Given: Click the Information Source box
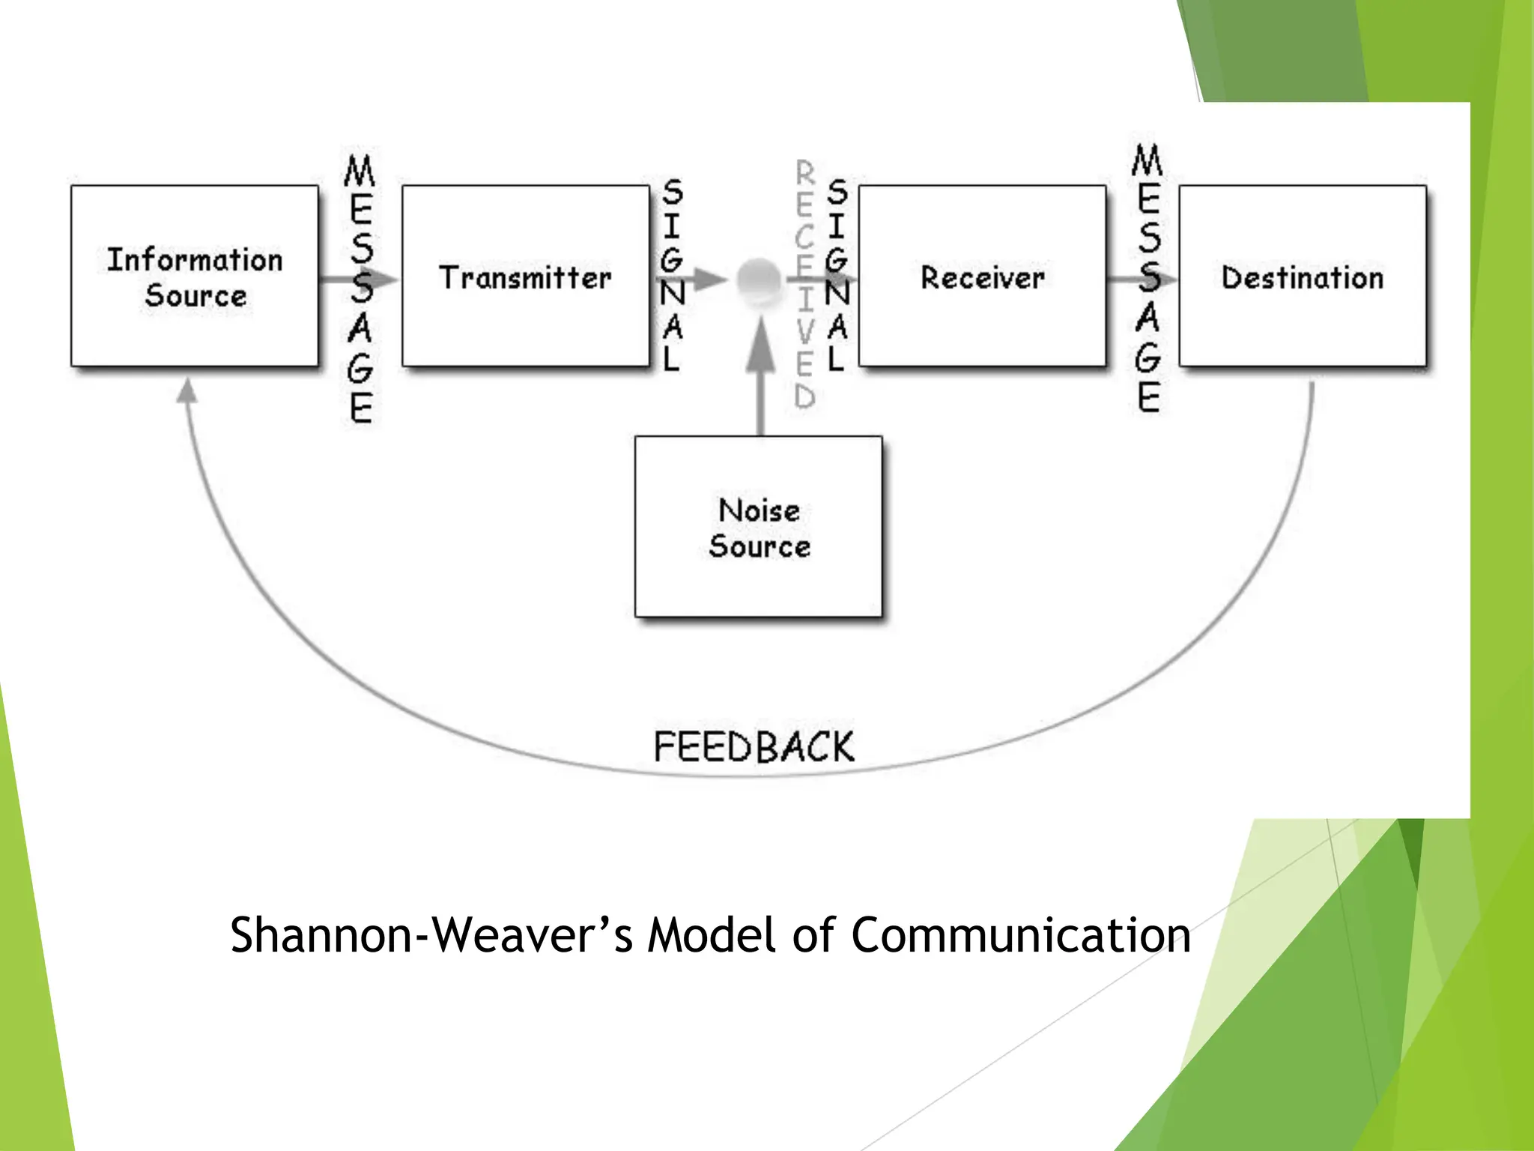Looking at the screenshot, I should pyautogui.click(x=195, y=276).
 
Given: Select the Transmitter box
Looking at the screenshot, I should pyautogui.click(x=525, y=276).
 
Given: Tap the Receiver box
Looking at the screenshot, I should pyautogui.click(x=982, y=276).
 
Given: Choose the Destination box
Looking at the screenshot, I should pyautogui.click(x=1303, y=276).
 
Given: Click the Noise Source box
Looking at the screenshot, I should pyautogui.click(x=759, y=527).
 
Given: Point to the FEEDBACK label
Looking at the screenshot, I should pyautogui.click(x=754, y=747).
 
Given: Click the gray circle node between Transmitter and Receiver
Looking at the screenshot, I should pyautogui.click(x=758, y=280).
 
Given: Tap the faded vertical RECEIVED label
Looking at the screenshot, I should pyautogui.click(x=804, y=285).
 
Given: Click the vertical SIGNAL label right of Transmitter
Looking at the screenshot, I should pyautogui.click(x=673, y=276).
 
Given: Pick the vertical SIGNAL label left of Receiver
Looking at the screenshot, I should pyautogui.click(x=837, y=276).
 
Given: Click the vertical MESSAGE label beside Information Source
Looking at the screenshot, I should pyautogui.click(x=360, y=288).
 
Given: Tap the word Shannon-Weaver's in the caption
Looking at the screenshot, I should pyautogui.click(x=431, y=935).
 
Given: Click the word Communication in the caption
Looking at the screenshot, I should pyautogui.click(x=1020, y=935).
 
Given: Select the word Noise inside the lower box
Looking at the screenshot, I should pyautogui.click(x=759, y=510).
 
